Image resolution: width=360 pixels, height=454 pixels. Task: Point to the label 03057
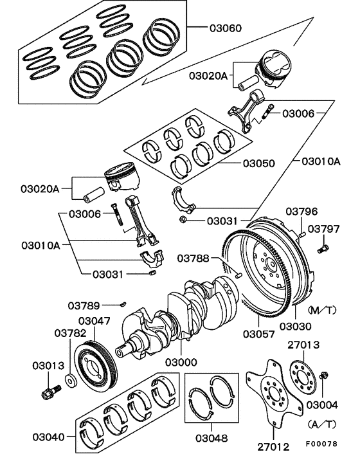coord(259,334)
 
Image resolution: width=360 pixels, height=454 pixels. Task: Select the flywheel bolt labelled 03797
coord(323,246)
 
